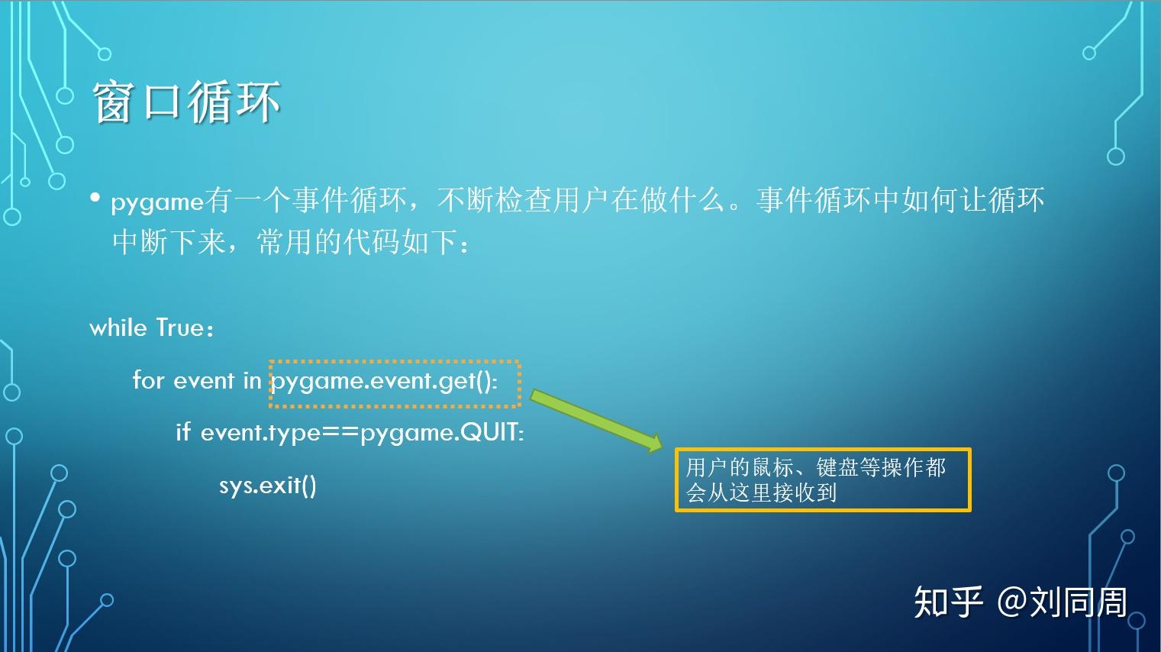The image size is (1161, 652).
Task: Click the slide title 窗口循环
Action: [x=186, y=102]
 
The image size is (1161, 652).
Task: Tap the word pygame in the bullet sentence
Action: [x=157, y=202]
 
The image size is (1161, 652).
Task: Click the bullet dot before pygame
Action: [x=95, y=198]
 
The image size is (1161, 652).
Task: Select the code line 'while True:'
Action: [x=151, y=328]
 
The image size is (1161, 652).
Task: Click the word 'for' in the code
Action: [x=148, y=380]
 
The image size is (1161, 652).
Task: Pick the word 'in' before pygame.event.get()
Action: [x=252, y=381]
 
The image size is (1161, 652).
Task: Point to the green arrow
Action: [x=597, y=421]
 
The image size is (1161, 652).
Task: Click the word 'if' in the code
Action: [x=183, y=431]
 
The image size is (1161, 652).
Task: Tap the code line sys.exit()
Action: [x=267, y=486]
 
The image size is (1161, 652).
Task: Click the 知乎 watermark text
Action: [x=948, y=602]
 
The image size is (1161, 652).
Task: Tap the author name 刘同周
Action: [x=1079, y=602]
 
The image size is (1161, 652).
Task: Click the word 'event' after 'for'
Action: [x=204, y=381]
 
